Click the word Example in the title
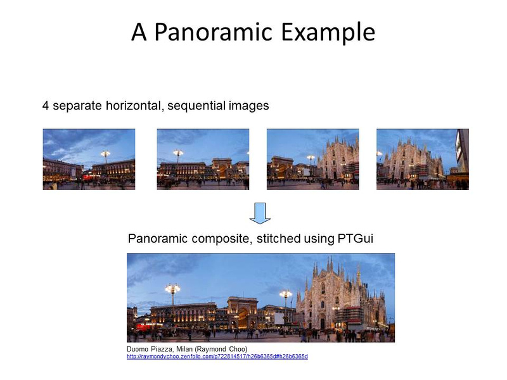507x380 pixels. click(x=328, y=32)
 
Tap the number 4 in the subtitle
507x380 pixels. click(x=46, y=106)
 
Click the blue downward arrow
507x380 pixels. click(x=260, y=213)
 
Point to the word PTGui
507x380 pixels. click(x=356, y=239)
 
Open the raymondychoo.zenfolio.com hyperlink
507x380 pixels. click(x=217, y=357)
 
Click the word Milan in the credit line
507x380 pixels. click(x=184, y=349)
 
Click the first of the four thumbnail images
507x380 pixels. click(x=89, y=160)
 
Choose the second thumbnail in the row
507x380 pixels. click(x=203, y=160)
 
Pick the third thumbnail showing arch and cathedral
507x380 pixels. click(x=312, y=160)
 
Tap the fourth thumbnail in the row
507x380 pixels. click(x=423, y=160)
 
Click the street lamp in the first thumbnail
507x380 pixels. click(x=105, y=158)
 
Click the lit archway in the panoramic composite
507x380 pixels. click(x=243, y=317)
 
